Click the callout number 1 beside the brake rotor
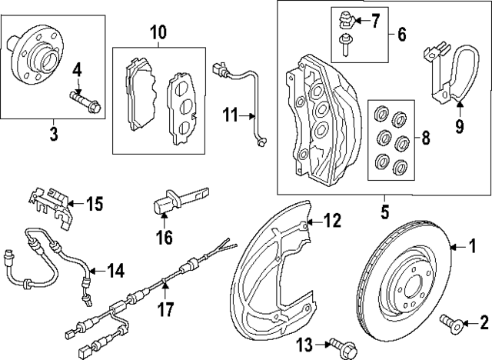[474, 246]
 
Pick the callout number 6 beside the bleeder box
[402, 35]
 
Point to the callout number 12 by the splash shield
[330, 221]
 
